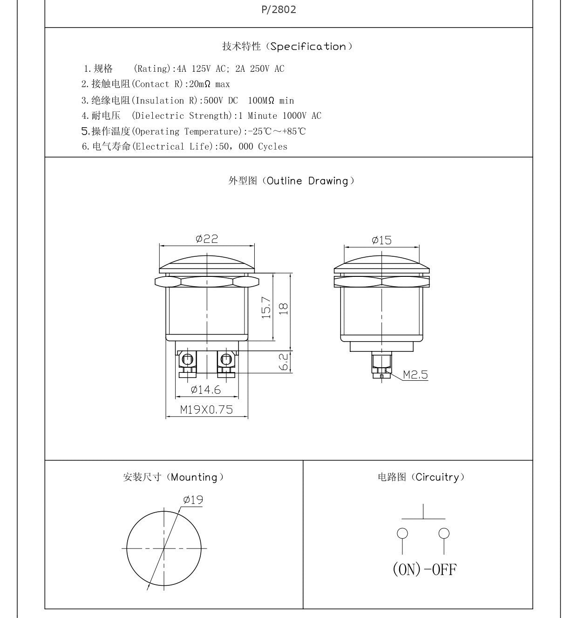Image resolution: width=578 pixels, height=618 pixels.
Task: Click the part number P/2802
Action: (x=279, y=10)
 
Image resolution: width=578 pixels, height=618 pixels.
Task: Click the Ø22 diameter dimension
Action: (x=207, y=239)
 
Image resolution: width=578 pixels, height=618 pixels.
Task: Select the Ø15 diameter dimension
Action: (x=381, y=240)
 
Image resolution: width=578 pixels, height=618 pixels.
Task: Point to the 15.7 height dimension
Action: (x=266, y=308)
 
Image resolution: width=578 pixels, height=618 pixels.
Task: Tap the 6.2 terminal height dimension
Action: (x=283, y=362)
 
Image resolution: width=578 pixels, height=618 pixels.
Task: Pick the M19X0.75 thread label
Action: (x=207, y=410)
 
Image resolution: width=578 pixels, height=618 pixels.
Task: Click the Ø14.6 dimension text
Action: (x=205, y=390)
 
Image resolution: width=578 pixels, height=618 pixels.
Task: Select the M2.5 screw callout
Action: (x=415, y=374)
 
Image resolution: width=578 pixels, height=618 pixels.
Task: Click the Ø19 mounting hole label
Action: (x=193, y=500)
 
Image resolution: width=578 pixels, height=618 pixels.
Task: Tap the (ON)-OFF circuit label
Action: (x=425, y=570)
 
